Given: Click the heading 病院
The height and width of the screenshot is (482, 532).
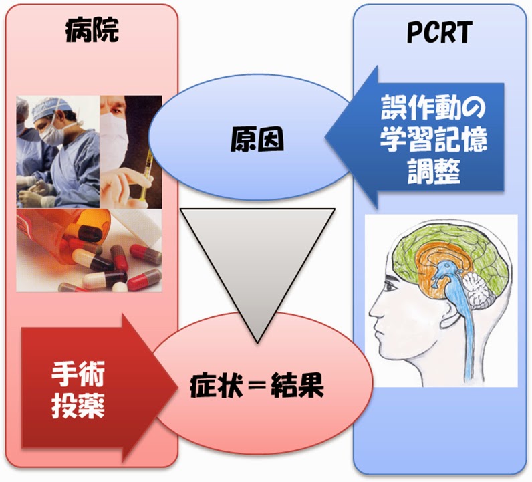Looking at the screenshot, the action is (x=92, y=30).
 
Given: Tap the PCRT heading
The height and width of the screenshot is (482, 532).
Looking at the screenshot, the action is (x=439, y=33).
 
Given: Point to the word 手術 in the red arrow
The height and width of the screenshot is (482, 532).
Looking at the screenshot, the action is (x=78, y=374).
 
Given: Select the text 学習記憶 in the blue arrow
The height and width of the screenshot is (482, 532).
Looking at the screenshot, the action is (x=433, y=139).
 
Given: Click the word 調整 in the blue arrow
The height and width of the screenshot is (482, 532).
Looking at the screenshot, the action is (x=434, y=170).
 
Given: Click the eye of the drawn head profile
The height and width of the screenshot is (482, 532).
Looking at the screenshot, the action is (x=390, y=287).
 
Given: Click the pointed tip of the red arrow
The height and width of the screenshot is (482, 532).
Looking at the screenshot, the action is (x=177, y=387).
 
